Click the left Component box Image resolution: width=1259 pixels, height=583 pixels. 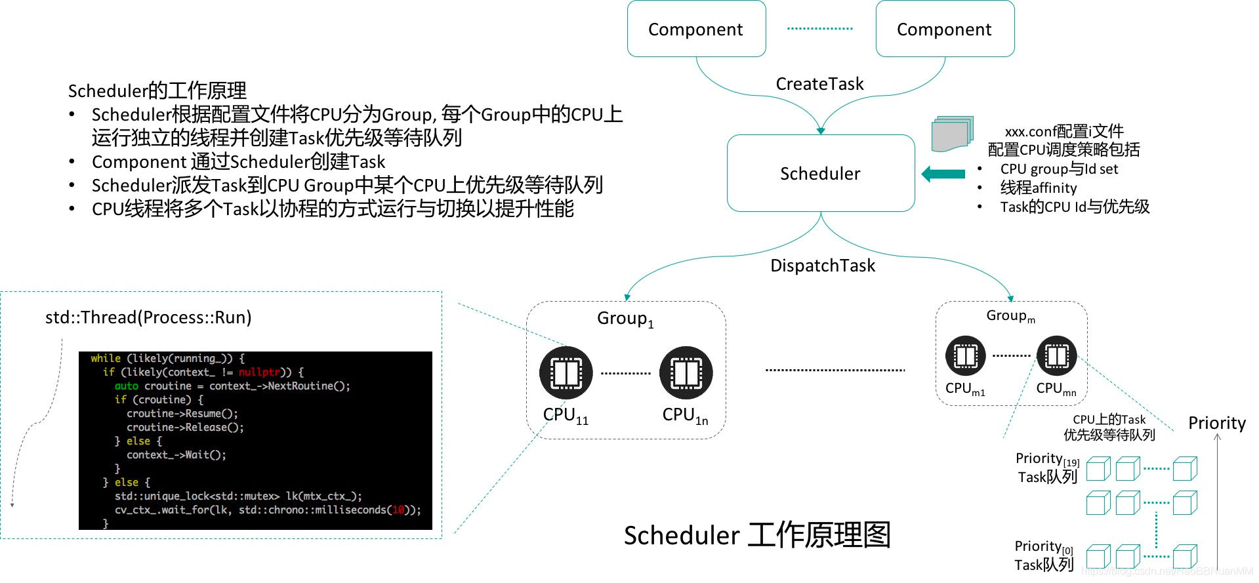[x=696, y=29]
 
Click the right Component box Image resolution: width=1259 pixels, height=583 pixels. [x=945, y=29]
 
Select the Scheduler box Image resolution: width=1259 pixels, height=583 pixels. [x=820, y=173]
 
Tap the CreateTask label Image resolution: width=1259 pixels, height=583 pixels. [x=819, y=84]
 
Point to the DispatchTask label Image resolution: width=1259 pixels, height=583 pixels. [x=822, y=266]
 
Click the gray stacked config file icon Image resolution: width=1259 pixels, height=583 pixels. [x=951, y=134]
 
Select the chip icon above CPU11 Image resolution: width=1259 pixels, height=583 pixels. [x=566, y=373]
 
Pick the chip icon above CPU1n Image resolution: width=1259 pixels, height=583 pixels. [x=686, y=373]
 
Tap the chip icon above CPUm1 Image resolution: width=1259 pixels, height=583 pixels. [x=965, y=355]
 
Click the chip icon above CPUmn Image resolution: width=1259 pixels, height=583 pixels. [x=1056, y=355]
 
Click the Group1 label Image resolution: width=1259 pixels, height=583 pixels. [x=625, y=319]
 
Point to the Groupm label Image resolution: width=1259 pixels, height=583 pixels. [x=1010, y=316]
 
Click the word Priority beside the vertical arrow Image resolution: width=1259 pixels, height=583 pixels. [x=1216, y=423]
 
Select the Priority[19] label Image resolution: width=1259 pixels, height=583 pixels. [x=1046, y=459]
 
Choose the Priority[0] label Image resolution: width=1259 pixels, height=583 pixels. [x=1043, y=547]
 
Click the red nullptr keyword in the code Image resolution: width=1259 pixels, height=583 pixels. [x=259, y=372]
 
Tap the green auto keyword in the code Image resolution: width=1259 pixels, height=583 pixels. [x=126, y=386]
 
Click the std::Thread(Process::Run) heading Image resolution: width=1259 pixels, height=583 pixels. [x=148, y=317]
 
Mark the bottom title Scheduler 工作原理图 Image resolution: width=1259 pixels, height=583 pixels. [x=757, y=535]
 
